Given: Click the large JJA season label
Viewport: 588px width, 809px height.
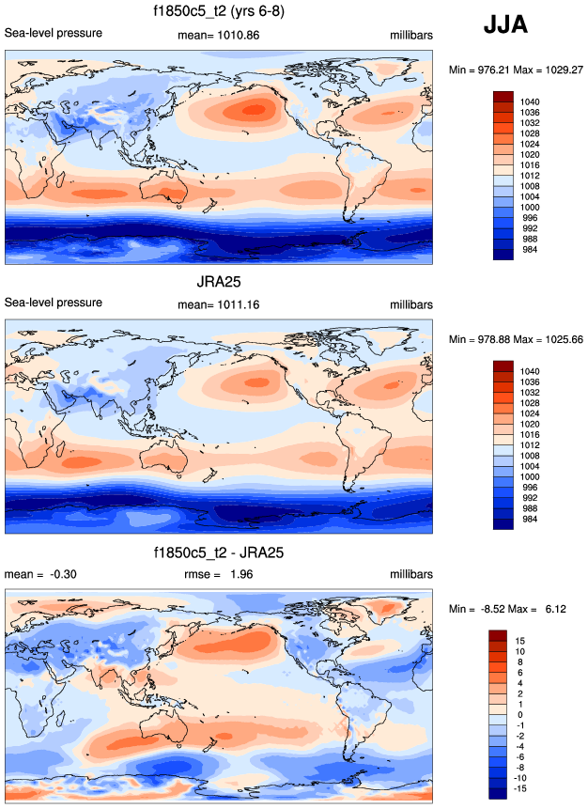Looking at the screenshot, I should [x=505, y=24].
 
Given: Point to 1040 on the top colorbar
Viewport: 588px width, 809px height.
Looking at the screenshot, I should [x=529, y=101].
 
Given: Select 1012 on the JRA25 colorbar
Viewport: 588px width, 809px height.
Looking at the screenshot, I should [x=529, y=444].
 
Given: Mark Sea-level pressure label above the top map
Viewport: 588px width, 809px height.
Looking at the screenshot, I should [x=54, y=34].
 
